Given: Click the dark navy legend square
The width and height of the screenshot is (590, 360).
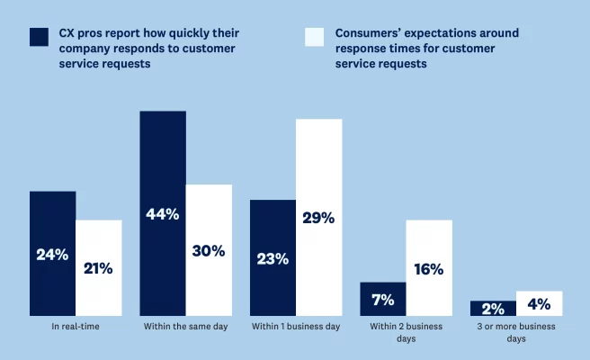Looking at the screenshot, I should pyautogui.click(x=39, y=37).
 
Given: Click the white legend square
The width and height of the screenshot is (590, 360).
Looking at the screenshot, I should pyautogui.click(x=314, y=37).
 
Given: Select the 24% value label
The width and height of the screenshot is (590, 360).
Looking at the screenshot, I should pyautogui.click(x=52, y=255).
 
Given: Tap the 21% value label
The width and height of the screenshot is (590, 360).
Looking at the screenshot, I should pyautogui.click(x=98, y=268).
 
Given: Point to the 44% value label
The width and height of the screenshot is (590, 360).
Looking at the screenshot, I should pyautogui.click(x=163, y=214).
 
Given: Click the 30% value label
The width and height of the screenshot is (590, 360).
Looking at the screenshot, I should pyautogui.click(x=209, y=251).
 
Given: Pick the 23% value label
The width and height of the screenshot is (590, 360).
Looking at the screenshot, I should pyautogui.click(x=273, y=258).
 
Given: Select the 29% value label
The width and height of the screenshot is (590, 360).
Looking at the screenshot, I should pyautogui.click(x=318, y=218).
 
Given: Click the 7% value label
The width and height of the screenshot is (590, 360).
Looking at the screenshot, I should pyautogui.click(x=383, y=299).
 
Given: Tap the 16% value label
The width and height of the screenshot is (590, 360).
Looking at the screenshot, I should pyautogui.click(x=429, y=268).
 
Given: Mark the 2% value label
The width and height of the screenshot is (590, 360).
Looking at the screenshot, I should pyautogui.click(x=493, y=308).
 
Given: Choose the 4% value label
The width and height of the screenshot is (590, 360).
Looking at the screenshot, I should pyautogui.click(x=539, y=303).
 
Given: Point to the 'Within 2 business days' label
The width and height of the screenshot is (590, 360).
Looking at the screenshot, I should pyautogui.click(x=406, y=333).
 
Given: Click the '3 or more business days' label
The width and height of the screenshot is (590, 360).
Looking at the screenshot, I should pyautogui.click(x=516, y=333).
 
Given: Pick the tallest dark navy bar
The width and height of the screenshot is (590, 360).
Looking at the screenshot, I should pyautogui.click(x=163, y=162).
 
